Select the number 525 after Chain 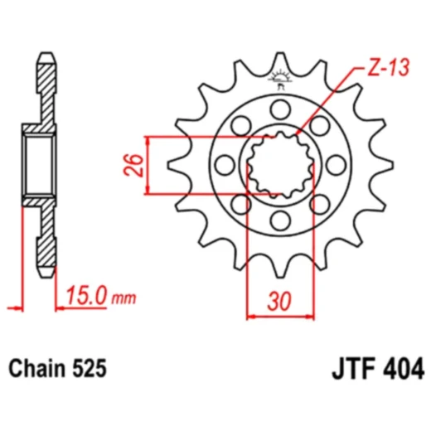[x=90, y=366]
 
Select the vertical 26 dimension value [x=129, y=165]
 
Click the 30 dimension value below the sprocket [x=280, y=302]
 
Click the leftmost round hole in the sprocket [x=225, y=165]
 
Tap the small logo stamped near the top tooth [x=280, y=79]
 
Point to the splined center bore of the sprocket [x=280, y=165]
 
